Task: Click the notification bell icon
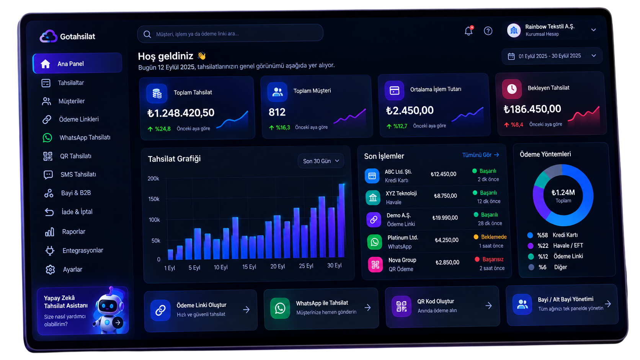(x=469, y=31)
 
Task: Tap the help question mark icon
(x=488, y=31)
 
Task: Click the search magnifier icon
(x=147, y=34)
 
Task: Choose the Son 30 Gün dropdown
(x=321, y=161)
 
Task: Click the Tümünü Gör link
(x=480, y=155)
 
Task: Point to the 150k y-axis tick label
(x=154, y=199)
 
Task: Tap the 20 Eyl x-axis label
(x=278, y=266)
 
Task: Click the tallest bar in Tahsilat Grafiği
(x=341, y=220)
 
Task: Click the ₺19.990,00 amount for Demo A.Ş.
(x=445, y=218)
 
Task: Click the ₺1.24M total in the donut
(x=563, y=192)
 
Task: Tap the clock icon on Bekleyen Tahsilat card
(x=512, y=89)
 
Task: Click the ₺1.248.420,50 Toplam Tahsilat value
(x=181, y=113)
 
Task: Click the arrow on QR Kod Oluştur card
(x=488, y=306)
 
